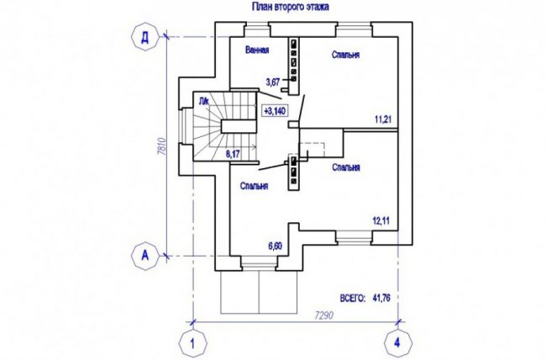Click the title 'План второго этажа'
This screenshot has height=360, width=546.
(290, 7)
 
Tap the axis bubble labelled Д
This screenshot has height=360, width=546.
(144, 37)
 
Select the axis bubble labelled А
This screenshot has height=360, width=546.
(144, 256)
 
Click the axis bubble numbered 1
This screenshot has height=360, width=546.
(192, 343)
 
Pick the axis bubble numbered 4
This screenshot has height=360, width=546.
(398, 343)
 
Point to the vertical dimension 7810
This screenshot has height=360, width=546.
(160, 146)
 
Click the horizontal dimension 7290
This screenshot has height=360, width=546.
(324, 315)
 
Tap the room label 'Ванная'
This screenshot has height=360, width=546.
(257, 50)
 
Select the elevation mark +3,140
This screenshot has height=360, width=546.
(275, 111)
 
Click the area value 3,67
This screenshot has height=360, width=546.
(273, 82)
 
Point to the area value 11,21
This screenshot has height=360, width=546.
(383, 119)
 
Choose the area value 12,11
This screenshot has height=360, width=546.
(381, 221)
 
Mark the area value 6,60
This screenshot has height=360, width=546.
(275, 246)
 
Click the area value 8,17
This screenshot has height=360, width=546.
(233, 154)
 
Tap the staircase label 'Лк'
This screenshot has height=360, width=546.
(204, 102)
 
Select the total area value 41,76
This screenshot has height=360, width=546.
(381, 299)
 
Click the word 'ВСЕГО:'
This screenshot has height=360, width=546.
(353, 299)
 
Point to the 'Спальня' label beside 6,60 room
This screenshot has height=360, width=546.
(255, 186)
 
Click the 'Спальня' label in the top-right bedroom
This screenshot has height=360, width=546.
(346, 55)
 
